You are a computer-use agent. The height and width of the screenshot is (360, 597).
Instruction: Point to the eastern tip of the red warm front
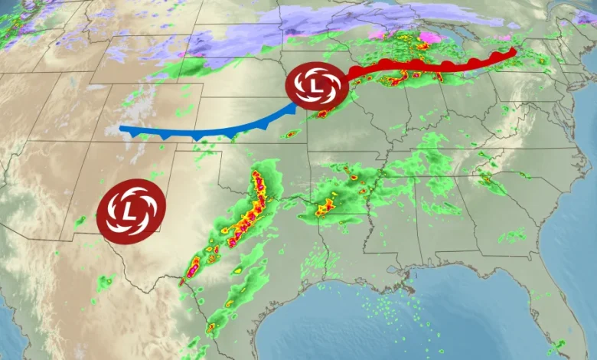pyautogui.click(x=512, y=52)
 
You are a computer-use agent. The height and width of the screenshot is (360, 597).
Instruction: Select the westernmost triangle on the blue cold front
pyautogui.click(x=135, y=134)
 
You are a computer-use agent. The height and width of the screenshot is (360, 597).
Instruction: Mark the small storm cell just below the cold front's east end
pyautogui.click(x=289, y=135)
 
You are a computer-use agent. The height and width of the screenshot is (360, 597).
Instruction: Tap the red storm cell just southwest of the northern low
pyautogui.click(x=324, y=113)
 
